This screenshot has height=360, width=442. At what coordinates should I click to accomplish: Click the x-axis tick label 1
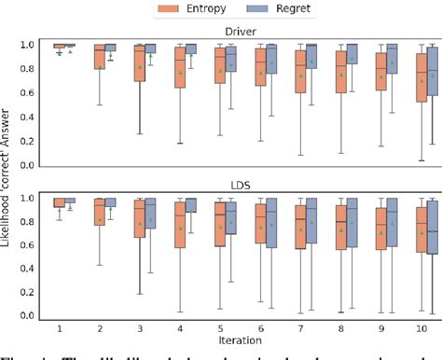pos(59,327)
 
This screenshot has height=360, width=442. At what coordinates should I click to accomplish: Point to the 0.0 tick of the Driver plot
pos(32,164)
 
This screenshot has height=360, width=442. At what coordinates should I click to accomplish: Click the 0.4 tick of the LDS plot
pos(32,270)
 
